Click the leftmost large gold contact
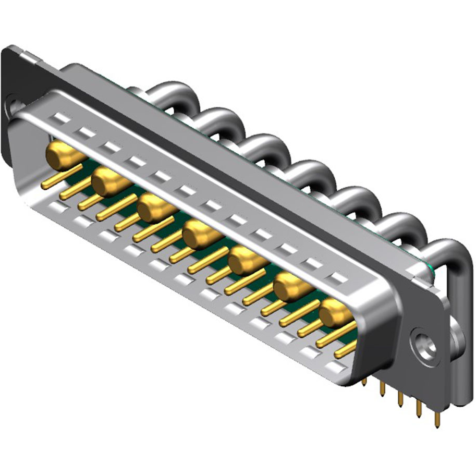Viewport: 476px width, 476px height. pos(59,155)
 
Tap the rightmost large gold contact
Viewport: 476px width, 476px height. pos(334,314)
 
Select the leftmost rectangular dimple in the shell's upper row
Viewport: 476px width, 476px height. pos(61,119)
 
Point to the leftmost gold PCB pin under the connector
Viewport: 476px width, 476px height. pos(364,383)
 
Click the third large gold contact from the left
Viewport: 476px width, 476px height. pos(151,208)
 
